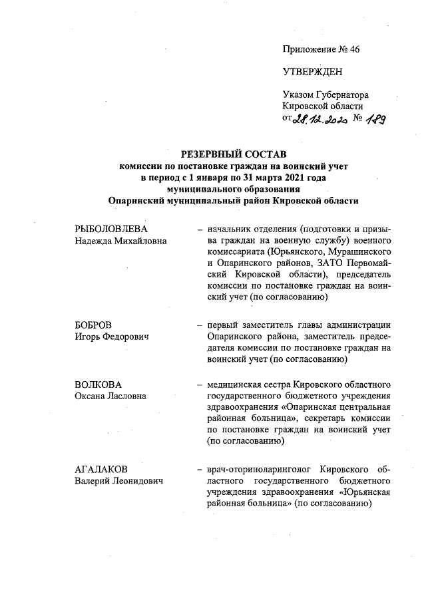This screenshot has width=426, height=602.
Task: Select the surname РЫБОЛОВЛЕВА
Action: [x=110, y=229]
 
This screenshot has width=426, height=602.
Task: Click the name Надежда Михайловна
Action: [x=120, y=241]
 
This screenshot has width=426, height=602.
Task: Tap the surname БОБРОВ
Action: [x=94, y=325]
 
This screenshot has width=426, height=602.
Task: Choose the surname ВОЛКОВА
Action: [x=98, y=384]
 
